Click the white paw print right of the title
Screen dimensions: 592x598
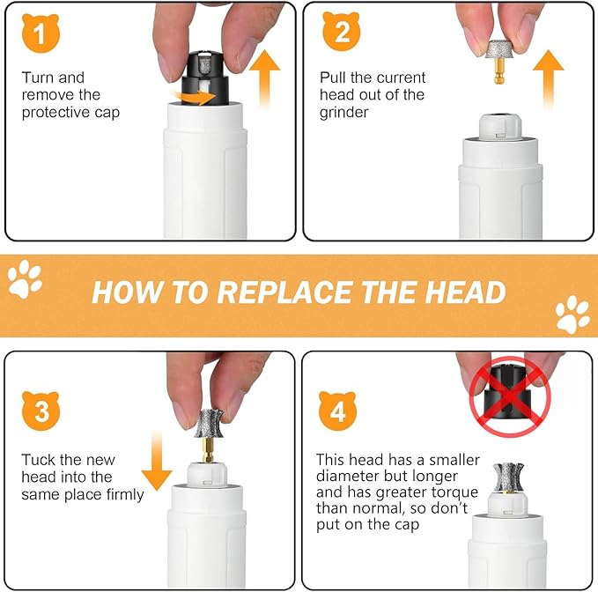point(573,314)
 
